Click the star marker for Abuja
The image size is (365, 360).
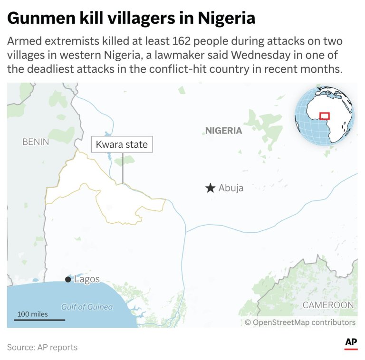point(210,188)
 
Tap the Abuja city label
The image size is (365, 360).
point(231,188)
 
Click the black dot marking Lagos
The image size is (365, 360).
point(68,280)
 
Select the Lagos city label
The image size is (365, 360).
point(87,279)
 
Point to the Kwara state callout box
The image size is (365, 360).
point(122,145)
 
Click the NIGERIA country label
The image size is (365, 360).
point(223,131)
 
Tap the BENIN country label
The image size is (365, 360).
point(36,142)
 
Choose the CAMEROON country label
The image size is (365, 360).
point(328,305)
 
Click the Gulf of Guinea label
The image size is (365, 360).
point(87,307)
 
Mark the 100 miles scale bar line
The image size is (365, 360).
point(39,320)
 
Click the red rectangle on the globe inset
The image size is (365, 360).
point(325,116)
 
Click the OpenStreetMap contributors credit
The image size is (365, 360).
point(300,322)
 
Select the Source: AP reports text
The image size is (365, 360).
point(42,347)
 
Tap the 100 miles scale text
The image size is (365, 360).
point(33,314)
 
